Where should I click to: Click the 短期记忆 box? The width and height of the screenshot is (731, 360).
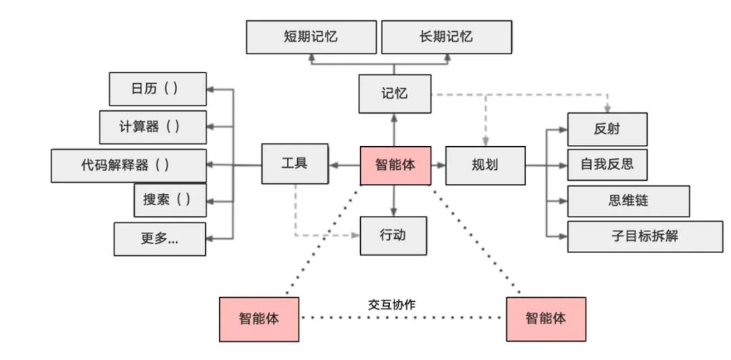pyautogui.click(x=311, y=37)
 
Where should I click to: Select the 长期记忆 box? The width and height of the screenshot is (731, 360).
pyautogui.click(x=445, y=37)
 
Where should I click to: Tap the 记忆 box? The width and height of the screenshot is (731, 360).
pyautogui.click(x=394, y=93)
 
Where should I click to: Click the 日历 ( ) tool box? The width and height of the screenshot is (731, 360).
pyautogui.click(x=158, y=89)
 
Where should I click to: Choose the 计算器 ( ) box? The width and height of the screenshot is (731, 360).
pyautogui.click(x=153, y=127)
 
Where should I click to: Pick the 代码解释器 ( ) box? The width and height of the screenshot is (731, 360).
pyautogui.click(x=129, y=165)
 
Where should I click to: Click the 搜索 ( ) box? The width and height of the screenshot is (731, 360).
pyautogui.click(x=170, y=200)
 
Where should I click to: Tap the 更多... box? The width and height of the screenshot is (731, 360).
pyautogui.click(x=160, y=238)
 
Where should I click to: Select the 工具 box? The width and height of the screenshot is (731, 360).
pyautogui.click(x=294, y=164)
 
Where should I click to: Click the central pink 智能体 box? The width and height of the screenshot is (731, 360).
pyautogui.click(x=395, y=165)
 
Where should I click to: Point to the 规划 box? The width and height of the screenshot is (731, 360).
pyautogui.click(x=485, y=165)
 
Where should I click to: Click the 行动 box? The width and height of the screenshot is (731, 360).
pyautogui.click(x=393, y=235)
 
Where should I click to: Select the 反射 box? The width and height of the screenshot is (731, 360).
pyautogui.click(x=607, y=129)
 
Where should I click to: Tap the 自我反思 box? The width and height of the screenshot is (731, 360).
pyautogui.click(x=607, y=164)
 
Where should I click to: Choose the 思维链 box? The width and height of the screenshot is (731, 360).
pyautogui.click(x=628, y=201)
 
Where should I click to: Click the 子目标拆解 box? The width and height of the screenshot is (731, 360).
pyautogui.click(x=644, y=236)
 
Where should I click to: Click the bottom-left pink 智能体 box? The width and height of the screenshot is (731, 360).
pyautogui.click(x=259, y=318)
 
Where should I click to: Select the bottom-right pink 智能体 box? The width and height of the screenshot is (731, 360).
pyautogui.click(x=546, y=318)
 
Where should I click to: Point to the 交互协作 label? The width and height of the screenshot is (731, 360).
pyautogui.click(x=392, y=305)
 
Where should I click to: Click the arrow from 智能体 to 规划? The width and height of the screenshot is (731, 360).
pyautogui.click(x=438, y=165)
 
